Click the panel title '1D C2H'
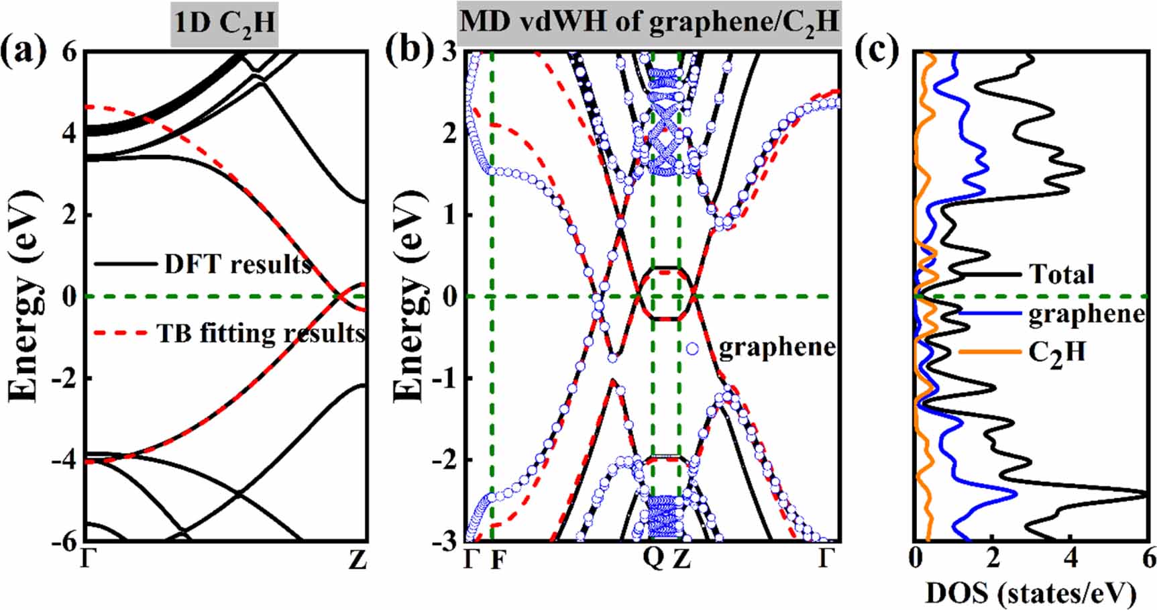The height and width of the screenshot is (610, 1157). click(224, 23)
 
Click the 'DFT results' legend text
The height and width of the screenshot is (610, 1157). click(238, 264)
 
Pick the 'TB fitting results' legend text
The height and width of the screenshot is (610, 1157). click(261, 333)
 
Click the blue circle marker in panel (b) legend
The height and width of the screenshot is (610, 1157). click(692, 348)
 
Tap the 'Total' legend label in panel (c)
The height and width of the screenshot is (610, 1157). click(1061, 274)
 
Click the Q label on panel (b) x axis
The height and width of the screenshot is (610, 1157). click(653, 559)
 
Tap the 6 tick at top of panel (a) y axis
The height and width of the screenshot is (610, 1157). click(70, 52)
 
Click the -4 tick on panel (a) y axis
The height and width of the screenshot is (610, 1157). click(66, 460)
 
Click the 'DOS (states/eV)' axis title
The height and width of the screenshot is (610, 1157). click(1031, 593)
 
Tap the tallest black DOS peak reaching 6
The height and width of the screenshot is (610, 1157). click(1144, 495)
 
